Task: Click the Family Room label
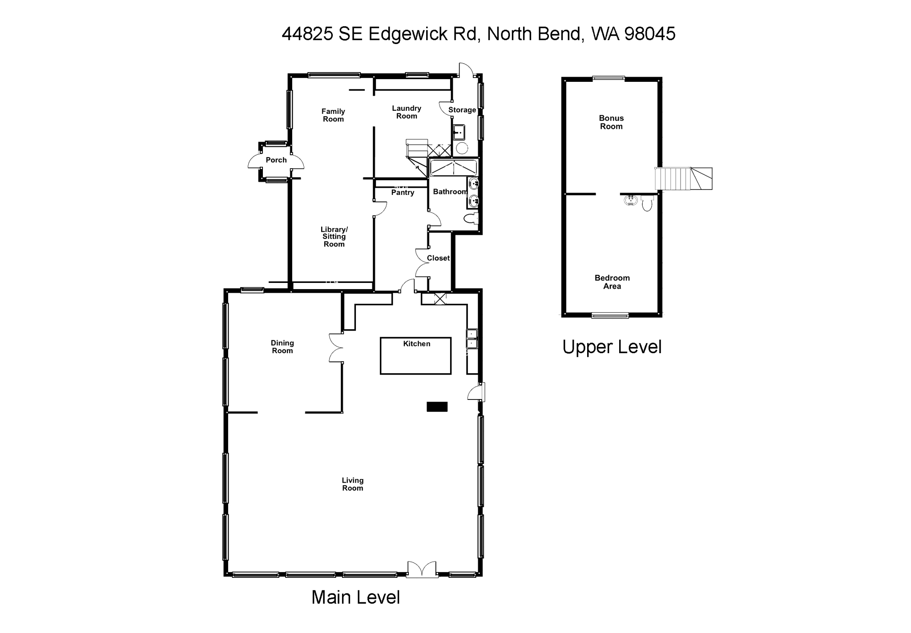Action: click(x=333, y=115)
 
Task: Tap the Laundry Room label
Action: click(x=407, y=112)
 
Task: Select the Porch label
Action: click(x=276, y=160)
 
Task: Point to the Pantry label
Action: click(x=403, y=193)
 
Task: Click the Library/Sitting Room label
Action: click(x=334, y=237)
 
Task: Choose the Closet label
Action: click(x=438, y=258)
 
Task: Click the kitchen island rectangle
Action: click(x=415, y=360)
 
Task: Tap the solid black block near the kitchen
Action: click(x=437, y=407)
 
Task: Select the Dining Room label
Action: click(x=282, y=347)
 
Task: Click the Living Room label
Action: click(x=353, y=484)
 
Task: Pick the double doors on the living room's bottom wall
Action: click(x=422, y=569)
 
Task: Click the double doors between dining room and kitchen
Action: click(x=336, y=347)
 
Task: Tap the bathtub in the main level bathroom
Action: click(x=453, y=168)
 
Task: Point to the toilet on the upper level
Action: click(x=647, y=204)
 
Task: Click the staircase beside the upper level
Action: click(x=683, y=178)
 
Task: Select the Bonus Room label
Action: click(x=611, y=122)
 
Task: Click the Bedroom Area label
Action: click(x=612, y=282)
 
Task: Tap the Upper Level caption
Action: click(x=612, y=347)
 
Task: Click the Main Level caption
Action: click(x=355, y=597)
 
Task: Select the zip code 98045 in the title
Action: click(x=650, y=34)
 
